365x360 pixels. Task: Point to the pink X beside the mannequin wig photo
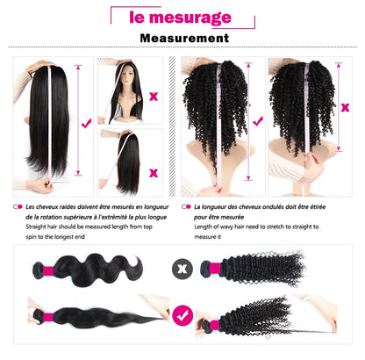154,96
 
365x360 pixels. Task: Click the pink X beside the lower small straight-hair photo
154,171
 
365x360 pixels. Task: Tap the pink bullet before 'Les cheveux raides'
17,206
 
